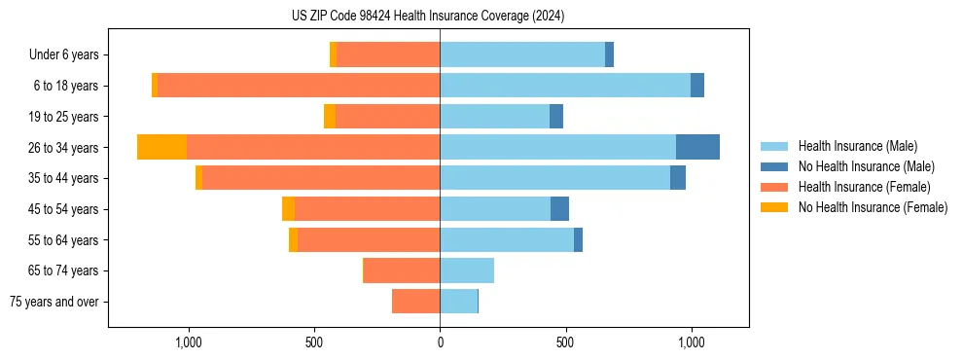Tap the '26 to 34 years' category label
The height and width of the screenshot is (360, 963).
pos(63,148)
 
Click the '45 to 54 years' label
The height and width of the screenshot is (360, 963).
pos(63,209)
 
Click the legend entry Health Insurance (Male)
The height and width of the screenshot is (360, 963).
pos(857,146)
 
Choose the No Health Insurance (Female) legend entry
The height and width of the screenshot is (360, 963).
pos(873,207)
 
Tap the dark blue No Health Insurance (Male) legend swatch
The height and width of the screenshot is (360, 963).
pos(774,166)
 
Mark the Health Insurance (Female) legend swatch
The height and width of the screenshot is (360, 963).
pos(774,187)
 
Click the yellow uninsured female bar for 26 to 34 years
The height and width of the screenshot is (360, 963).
pos(161,147)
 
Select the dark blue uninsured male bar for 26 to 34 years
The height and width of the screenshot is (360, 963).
pos(697,147)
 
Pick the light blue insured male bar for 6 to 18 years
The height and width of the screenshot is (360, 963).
pos(565,86)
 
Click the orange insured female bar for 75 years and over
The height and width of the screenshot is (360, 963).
pos(415,302)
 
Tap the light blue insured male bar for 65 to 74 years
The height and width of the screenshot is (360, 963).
pos(467,270)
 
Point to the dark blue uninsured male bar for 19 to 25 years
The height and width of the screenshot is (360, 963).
pos(556,117)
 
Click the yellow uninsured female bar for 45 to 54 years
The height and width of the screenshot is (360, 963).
pos(288,209)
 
